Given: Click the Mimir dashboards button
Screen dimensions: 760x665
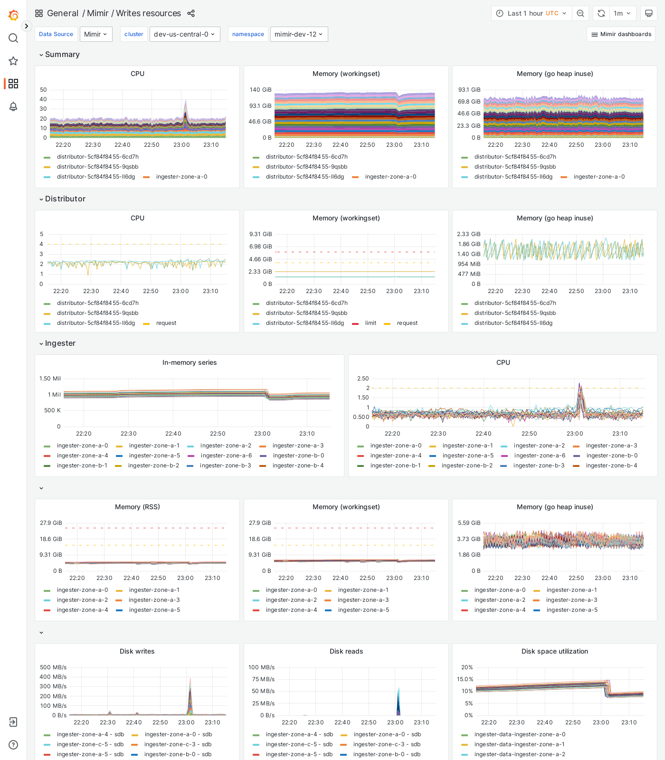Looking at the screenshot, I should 621,34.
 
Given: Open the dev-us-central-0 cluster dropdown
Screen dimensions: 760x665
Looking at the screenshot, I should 184,34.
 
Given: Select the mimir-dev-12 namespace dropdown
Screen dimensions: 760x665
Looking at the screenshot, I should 299,34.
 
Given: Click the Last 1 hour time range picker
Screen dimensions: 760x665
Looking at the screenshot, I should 532,13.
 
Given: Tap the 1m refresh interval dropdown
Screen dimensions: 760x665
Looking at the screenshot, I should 622,13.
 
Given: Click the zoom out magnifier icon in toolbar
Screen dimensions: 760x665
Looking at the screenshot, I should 580,13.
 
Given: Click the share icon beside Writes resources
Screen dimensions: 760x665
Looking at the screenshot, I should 191,13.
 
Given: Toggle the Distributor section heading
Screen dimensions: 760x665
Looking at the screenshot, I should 65,199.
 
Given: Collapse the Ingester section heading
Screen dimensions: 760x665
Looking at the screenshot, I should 60,343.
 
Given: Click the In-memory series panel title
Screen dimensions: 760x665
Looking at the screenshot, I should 189,362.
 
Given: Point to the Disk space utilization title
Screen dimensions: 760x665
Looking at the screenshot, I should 554,651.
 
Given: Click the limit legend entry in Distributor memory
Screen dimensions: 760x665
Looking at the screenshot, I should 370,323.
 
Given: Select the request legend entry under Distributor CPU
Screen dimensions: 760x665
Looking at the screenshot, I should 166,323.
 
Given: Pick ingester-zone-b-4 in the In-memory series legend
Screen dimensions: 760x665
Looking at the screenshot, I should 298,465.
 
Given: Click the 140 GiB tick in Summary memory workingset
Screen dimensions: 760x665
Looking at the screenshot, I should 260,90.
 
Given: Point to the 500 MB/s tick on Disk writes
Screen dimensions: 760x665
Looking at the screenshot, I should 53,667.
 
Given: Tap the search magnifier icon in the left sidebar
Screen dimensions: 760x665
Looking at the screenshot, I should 13,38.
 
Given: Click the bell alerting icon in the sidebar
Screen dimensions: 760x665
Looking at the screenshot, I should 13,106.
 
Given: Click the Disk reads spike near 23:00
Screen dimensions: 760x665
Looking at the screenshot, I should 399,691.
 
